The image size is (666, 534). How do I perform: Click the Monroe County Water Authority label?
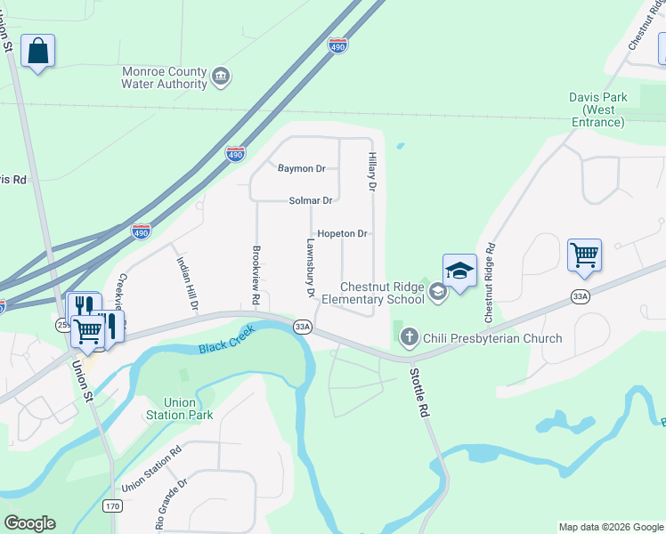coord(165,77)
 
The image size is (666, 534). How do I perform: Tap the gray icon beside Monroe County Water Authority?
coord(222,78)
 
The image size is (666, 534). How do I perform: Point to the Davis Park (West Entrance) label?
coord(598,109)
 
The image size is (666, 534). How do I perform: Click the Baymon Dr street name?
coord(302,168)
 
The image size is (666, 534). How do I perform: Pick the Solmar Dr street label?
coord(310,201)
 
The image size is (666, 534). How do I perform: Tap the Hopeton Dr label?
coord(342,233)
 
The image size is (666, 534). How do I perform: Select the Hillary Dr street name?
coord(373,172)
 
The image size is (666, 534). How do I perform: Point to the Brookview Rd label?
coord(256,276)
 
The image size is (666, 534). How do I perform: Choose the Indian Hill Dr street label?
coord(187,284)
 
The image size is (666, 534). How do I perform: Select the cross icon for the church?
coord(410,337)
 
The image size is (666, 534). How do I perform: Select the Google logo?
coord(29,523)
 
